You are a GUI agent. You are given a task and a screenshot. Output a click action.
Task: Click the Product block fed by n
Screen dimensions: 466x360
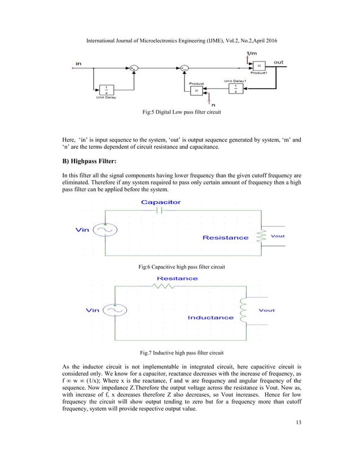[196, 90]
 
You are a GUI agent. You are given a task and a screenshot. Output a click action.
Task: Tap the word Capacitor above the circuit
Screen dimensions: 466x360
[161, 202]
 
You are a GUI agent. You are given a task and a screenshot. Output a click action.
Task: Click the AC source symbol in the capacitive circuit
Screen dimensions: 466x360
[104, 229]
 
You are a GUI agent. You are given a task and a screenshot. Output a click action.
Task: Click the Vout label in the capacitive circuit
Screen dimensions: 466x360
[278, 236]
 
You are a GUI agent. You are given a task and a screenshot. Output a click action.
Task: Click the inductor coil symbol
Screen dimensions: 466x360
[244, 310]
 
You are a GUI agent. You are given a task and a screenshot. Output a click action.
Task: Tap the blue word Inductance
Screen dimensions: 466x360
[210, 318]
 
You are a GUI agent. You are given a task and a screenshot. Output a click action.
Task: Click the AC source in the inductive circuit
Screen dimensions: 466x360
[115, 310]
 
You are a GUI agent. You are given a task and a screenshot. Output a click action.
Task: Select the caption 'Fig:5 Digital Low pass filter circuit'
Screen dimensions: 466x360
[180, 113]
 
